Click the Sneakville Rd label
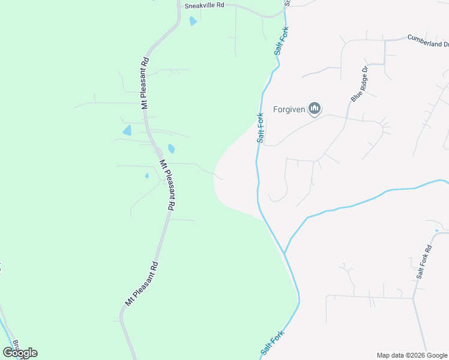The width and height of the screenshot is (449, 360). (204, 5)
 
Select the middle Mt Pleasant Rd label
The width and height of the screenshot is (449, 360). (167, 184)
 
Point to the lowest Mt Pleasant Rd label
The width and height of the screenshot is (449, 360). (141, 284)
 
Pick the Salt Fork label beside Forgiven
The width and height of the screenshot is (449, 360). (261, 127)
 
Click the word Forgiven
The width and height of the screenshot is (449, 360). (289, 109)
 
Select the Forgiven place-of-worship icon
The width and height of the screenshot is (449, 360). (315, 109)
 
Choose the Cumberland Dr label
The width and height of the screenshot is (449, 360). (427, 40)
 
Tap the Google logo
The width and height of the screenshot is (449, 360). (20, 353)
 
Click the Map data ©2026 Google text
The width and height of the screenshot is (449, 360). (411, 355)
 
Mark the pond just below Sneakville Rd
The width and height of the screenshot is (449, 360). (193, 21)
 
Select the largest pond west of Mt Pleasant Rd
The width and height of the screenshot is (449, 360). (127, 130)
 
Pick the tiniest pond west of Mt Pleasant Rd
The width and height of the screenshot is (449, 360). (147, 176)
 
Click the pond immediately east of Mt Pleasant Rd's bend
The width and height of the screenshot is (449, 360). (172, 149)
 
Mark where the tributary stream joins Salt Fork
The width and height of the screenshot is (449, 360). (285, 254)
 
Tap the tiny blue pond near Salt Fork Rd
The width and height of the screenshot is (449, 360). (437, 230)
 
